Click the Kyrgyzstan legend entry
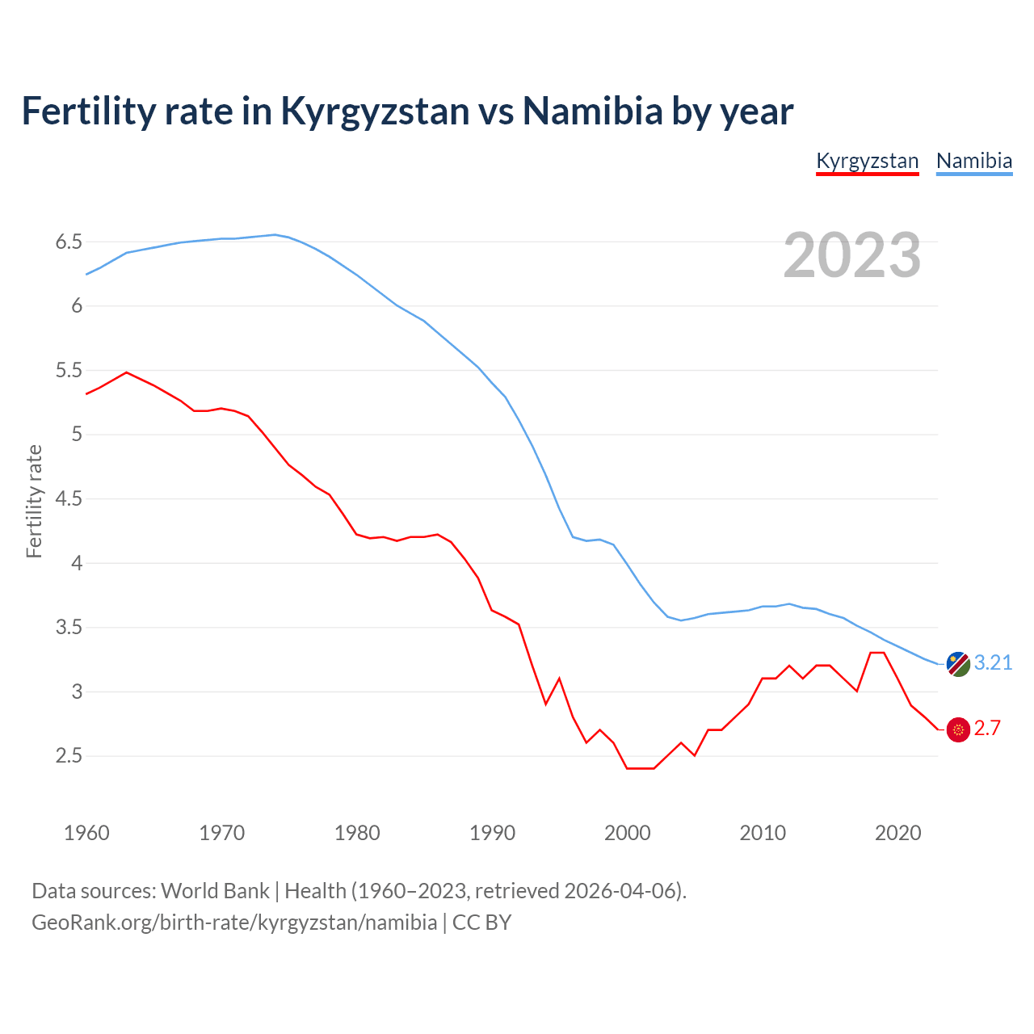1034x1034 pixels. (867, 161)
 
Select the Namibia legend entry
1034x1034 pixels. (973, 161)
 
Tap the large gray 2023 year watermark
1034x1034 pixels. (852, 255)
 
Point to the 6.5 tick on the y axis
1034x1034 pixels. (69, 242)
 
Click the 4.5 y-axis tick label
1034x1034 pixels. (69, 498)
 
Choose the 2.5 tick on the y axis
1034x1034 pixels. (69, 756)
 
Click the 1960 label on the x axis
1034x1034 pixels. (86, 833)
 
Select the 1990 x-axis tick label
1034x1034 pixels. (492, 833)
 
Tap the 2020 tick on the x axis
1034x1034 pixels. (897, 833)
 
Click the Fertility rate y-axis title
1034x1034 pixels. (34, 501)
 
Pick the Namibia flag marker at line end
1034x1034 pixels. (958, 664)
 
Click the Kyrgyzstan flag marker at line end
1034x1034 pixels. (958, 729)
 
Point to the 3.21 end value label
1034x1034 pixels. (993, 662)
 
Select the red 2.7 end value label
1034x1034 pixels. (987, 728)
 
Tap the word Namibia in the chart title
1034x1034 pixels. (592, 110)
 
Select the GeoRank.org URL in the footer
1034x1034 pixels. (234, 922)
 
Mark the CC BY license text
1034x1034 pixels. (481, 922)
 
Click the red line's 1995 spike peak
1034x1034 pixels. (559, 679)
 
